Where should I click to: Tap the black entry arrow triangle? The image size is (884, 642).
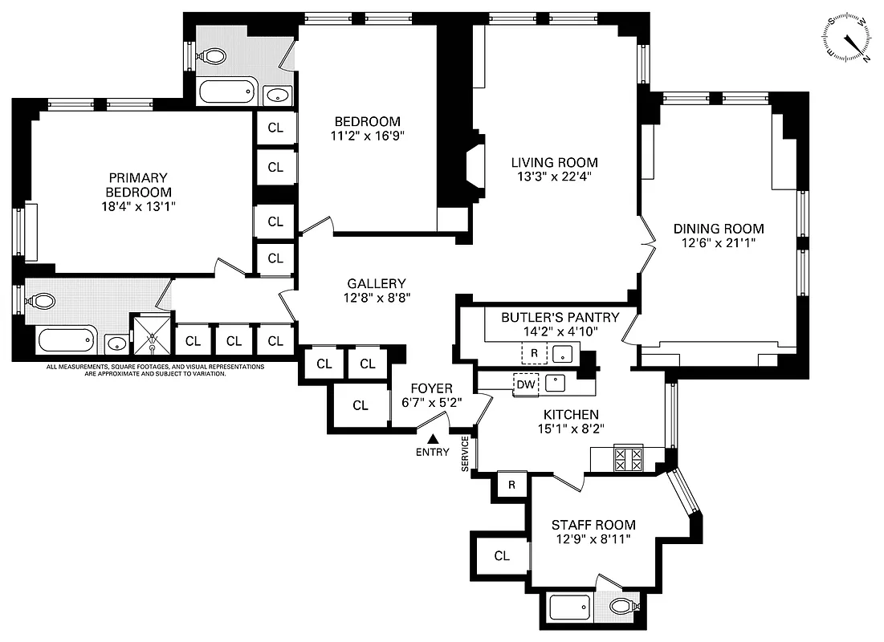click(x=433, y=439)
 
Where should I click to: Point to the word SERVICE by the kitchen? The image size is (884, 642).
click(x=465, y=453)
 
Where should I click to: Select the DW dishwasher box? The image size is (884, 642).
click(x=526, y=384)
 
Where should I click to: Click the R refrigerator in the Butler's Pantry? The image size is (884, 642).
click(x=534, y=352)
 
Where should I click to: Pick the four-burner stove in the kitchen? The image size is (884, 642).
click(x=628, y=459)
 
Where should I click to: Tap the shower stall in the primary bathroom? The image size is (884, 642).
click(x=151, y=334)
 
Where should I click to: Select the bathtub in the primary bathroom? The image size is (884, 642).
click(x=67, y=342)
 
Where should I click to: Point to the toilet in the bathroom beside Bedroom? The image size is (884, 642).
click(x=213, y=56)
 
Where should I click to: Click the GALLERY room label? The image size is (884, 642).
click(x=376, y=283)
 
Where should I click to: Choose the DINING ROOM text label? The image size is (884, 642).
click(x=718, y=229)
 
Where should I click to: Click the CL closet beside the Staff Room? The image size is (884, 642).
click(x=502, y=555)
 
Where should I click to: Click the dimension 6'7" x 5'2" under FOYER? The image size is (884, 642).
click(x=433, y=402)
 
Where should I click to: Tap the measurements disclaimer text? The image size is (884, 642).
click(x=155, y=370)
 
